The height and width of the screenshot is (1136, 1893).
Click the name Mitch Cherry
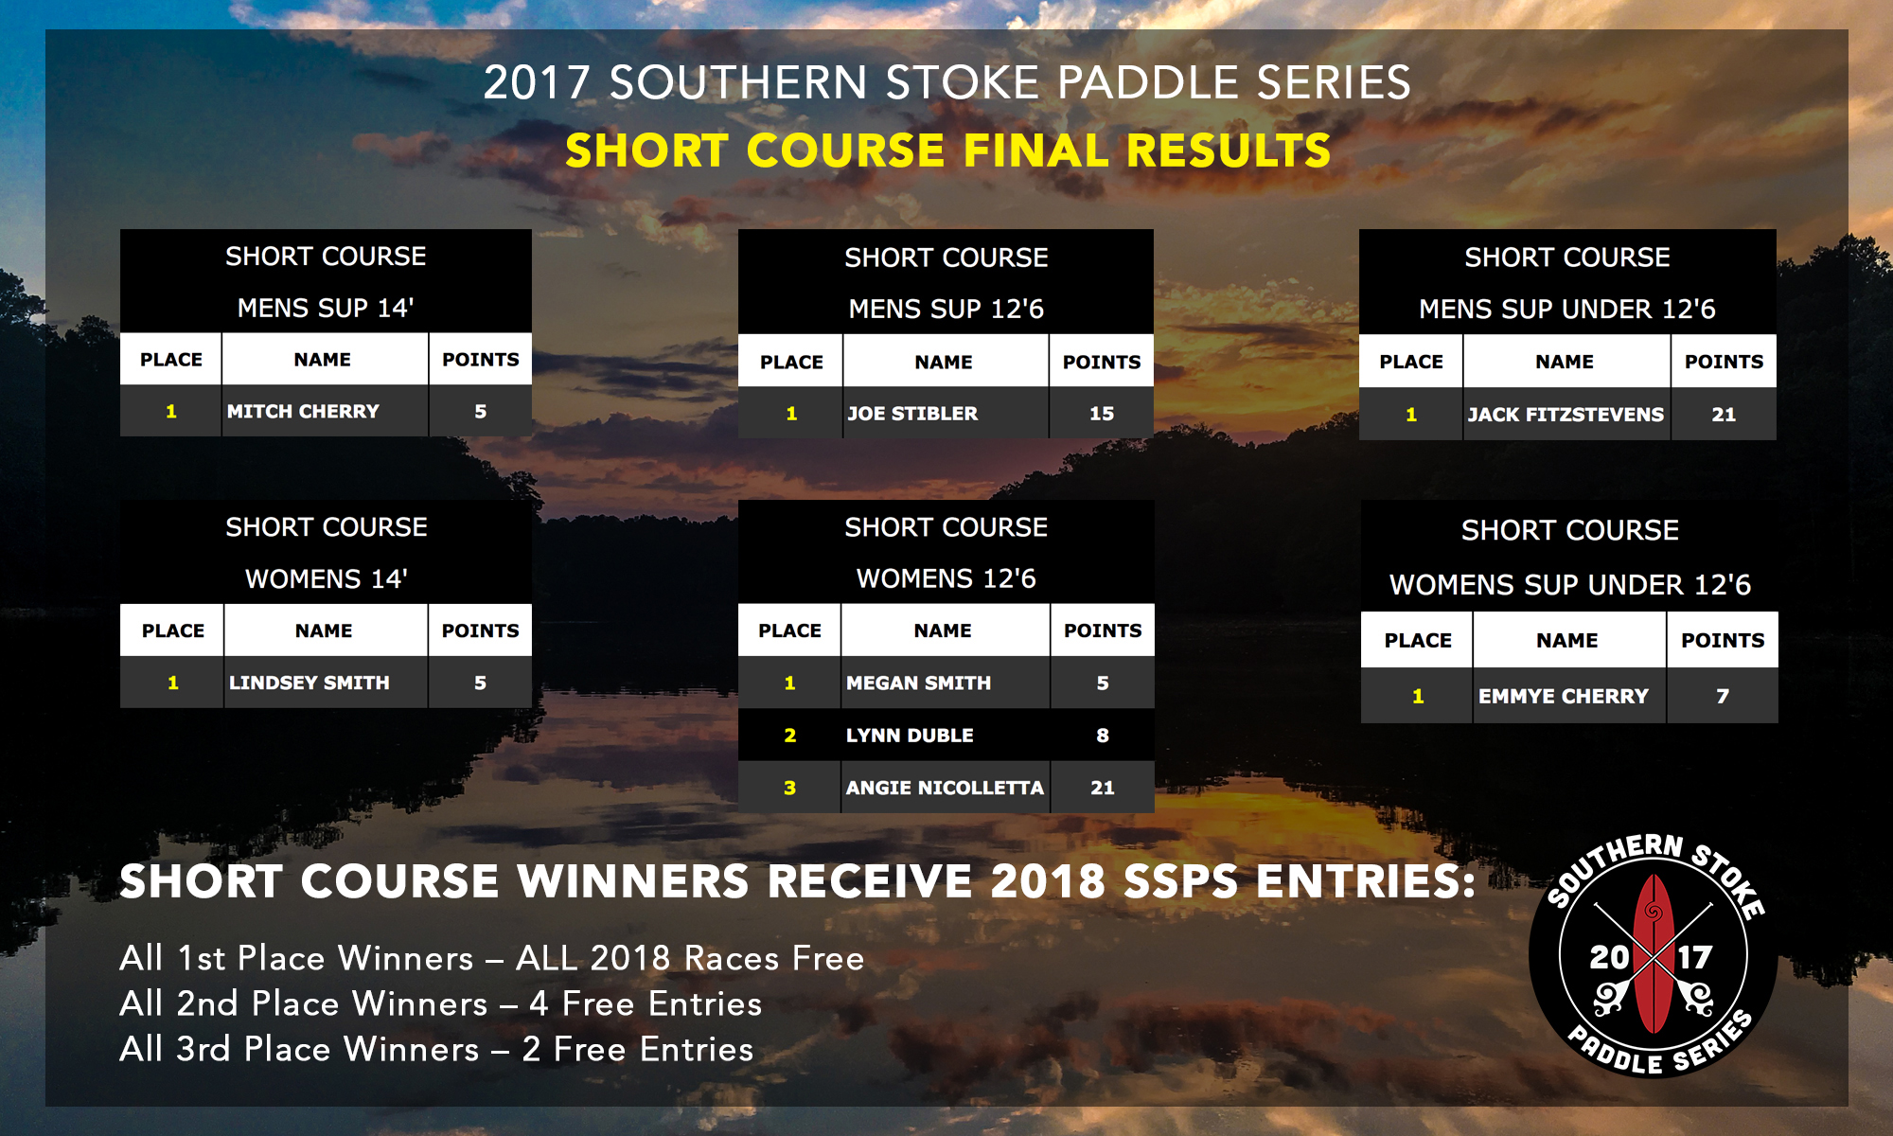click(303, 411)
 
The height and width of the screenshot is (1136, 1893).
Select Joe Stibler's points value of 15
click(1102, 413)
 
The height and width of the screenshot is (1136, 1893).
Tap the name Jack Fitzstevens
click(1566, 414)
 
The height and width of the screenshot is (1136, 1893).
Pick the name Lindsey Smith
click(309, 683)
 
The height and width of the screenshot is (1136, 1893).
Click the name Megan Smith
click(918, 683)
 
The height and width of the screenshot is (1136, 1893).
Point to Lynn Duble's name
click(910, 735)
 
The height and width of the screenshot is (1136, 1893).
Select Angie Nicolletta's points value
click(1103, 788)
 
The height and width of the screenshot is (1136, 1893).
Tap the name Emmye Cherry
click(1564, 696)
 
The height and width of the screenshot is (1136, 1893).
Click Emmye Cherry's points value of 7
click(1723, 696)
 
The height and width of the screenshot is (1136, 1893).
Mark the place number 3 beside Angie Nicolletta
click(789, 788)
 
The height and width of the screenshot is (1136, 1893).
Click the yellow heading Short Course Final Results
click(948, 151)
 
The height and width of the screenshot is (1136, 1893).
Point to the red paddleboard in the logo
click(1654, 953)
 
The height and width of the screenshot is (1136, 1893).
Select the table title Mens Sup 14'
click(326, 308)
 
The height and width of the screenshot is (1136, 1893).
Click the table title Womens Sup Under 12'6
click(1569, 584)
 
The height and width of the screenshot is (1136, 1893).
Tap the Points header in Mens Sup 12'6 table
click(1102, 362)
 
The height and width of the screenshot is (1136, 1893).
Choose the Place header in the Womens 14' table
click(173, 630)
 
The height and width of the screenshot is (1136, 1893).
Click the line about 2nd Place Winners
click(441, 1003)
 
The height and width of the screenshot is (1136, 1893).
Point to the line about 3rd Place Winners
click(436, 1049)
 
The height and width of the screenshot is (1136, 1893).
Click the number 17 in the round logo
click(1694, 957)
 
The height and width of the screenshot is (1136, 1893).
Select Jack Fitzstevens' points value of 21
click(1724, 414)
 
